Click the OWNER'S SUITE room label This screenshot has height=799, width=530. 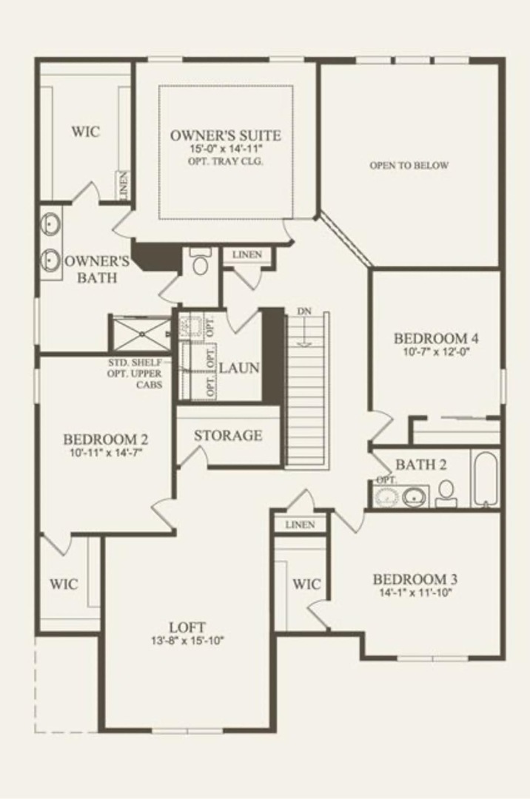225,135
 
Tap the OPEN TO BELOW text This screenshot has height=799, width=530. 409,166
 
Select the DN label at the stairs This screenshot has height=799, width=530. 304,311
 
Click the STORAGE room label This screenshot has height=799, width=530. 228,435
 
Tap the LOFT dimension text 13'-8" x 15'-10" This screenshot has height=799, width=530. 187,641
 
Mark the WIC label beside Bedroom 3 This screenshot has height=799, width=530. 306,584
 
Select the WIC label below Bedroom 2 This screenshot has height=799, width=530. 64,584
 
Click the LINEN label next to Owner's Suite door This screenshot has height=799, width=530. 246,254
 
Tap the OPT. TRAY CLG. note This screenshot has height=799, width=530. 225,161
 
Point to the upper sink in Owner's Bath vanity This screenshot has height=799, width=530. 51,222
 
